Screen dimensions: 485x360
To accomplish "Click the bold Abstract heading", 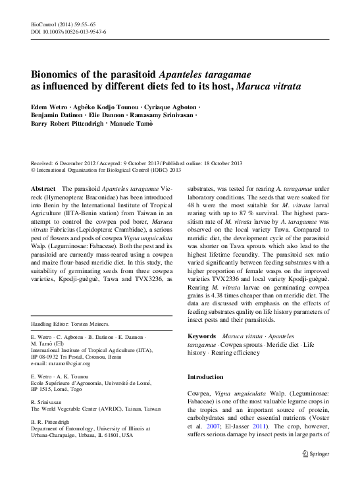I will pyautogui.click(x=43, y=188).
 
